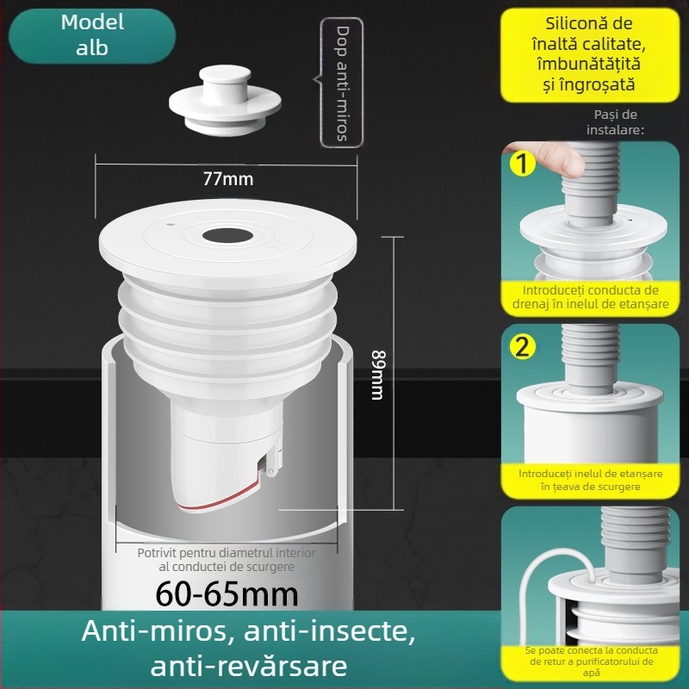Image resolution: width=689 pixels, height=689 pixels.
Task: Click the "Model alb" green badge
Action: pyautogui.click(x=92, y=36)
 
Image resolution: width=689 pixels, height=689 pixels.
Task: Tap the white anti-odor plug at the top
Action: pyautogui.click(x=225, y=101)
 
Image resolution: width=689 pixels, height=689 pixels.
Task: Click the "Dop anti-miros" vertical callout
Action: pyautogui.click(x=342, y=83)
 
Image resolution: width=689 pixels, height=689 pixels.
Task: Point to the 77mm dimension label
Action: pyautogui.click(x=228, y=179)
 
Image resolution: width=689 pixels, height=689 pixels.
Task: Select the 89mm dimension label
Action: pyautogui.click(x=378, y=375)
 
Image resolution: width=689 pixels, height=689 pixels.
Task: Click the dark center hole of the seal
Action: pyautogui.click(x=227, y=235)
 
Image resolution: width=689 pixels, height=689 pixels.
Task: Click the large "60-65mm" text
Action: pyautogui.click(x=227, y=594)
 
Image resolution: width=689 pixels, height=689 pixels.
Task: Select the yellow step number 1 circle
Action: pyautogui.click(x=522, y=164)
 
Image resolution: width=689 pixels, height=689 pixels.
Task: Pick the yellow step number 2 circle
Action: pyautogui.click(x=522, y=347)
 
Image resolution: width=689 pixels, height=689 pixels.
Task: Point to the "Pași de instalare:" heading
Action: pyautogui.click(x=615, y=122)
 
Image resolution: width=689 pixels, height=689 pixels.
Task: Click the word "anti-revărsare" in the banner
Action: pyautogui.click(x=249, y=666)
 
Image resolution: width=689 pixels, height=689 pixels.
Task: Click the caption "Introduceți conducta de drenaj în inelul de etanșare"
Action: pyautogui.click(x=590, y=297)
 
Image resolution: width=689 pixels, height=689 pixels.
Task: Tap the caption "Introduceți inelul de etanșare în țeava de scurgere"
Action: pyautogui.click(x=590, y=480)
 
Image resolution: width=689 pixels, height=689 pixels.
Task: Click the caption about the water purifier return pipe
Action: pyautogui.click(x=591, y=661)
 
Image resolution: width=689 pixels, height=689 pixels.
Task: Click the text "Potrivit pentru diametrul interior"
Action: pyautogui.click(x=227, y=553)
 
